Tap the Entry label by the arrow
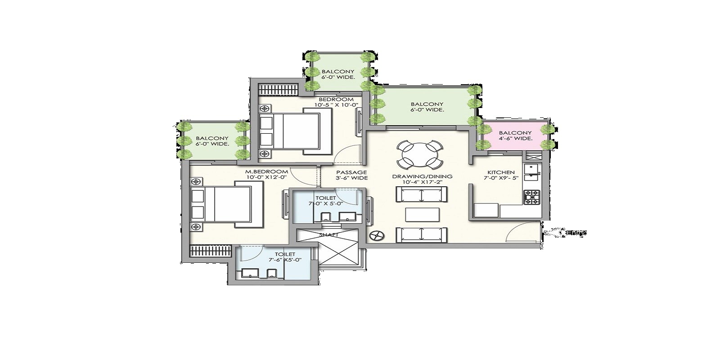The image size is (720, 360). pos(576,233)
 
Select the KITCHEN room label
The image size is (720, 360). pos(501,172)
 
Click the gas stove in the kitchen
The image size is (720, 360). pos(531,197)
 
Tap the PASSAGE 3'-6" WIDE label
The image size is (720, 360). pos(351,175)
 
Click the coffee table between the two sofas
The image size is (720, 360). pos(422,215)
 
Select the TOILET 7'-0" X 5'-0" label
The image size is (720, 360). pos(326,200)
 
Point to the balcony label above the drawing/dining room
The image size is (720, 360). pos(427,107)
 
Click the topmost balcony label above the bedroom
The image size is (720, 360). pos(338,74)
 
